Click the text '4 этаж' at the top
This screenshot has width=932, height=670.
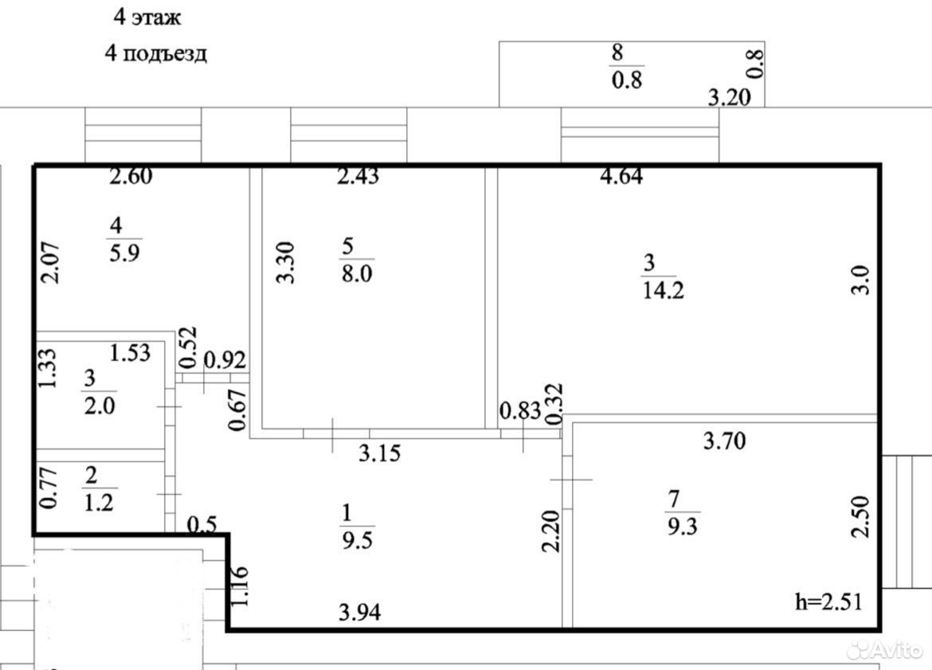(147, 18)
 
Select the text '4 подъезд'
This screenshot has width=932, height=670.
(155, 53)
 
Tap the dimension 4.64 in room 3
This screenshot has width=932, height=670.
(621, 176)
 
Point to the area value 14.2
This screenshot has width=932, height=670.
(664, 291)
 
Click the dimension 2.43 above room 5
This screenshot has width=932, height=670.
(358, 176)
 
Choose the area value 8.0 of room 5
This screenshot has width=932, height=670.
(357, 273)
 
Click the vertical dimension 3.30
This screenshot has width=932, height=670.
(287, 263)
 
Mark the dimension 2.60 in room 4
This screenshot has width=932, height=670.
(131, 176)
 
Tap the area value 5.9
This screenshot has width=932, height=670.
(124, 253)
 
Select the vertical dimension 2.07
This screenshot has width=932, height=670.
(50, 263)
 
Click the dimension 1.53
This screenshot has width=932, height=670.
(130, 353)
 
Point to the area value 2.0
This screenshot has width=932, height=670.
(100, 406)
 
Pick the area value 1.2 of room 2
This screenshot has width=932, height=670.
(99, 503)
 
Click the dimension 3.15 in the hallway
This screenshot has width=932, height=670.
(380, 453)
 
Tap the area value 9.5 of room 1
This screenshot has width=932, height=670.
(357, 540)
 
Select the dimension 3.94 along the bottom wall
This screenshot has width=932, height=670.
(359, 612)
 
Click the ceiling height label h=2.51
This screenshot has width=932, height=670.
(828, 601)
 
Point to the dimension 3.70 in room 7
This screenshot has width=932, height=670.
(725, 441)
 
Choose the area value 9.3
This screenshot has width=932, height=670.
(683, 527)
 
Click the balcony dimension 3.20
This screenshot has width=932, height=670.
(730, 97)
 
